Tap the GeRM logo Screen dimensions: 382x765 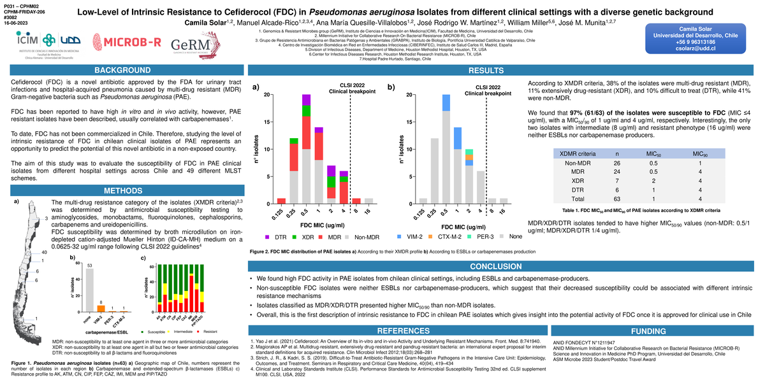188,45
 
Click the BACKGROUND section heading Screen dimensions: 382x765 123,70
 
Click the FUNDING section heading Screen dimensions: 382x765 648,331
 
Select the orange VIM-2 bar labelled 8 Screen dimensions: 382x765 101,308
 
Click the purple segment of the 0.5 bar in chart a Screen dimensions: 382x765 306,100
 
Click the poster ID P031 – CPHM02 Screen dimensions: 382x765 18,5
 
